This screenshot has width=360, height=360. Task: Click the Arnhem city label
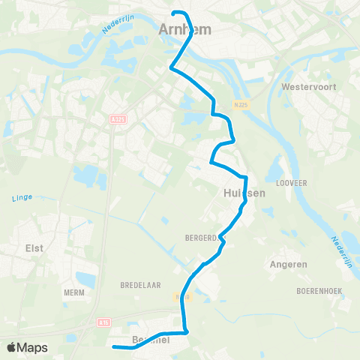tap(185, 30)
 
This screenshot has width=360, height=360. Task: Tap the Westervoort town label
tap(307, 87)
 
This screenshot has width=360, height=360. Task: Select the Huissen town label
tap(244, 193)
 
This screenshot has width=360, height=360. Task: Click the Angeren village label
tap(287, 265)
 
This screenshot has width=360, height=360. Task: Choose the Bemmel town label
tap(150, 340)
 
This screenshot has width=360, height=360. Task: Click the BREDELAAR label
tap(136, 286)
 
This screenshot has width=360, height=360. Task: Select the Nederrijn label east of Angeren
tap(341, 250)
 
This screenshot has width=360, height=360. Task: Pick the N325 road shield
tap(240, 104)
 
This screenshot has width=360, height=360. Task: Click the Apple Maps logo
tap(26, 347)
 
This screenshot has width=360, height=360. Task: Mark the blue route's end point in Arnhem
tap(175, 13)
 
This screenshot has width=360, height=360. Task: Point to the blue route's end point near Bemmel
tap(113, 346)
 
